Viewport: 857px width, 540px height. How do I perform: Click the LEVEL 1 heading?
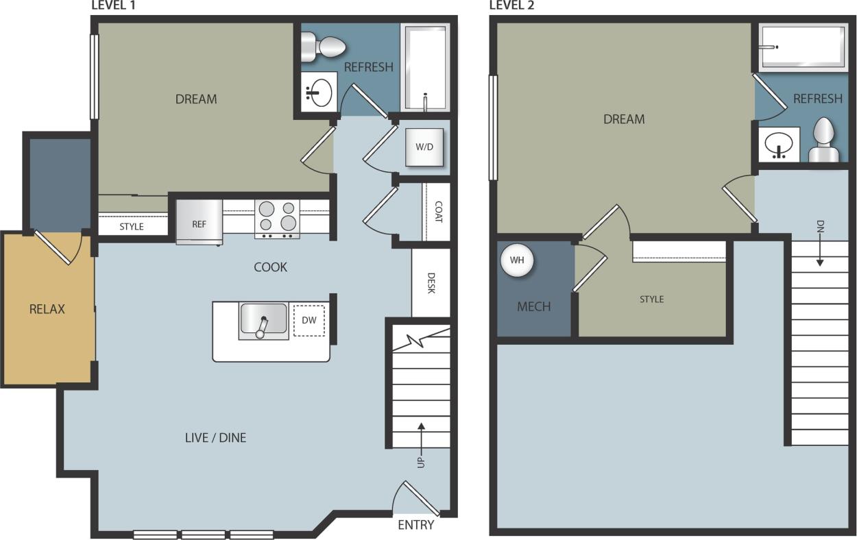point(114,5)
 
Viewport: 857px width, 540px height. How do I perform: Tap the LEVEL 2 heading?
point(511,5)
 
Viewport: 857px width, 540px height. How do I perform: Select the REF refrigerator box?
point(199,222)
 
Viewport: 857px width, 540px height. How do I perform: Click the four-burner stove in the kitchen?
point(277,217)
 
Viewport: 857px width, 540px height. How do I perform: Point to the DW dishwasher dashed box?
point(309,320)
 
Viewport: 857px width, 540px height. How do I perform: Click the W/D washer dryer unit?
point(424,147)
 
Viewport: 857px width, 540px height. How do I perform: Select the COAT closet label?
point(437,212)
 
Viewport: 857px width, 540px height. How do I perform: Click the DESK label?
point(431,283)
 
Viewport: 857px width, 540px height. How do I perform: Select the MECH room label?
point(533,306)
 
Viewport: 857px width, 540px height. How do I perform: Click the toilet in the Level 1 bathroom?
point(326,47)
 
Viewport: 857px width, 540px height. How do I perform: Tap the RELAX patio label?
point(47,309)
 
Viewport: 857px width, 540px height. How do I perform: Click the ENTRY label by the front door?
point(415,525)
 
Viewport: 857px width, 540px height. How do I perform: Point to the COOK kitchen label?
point(270,267)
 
